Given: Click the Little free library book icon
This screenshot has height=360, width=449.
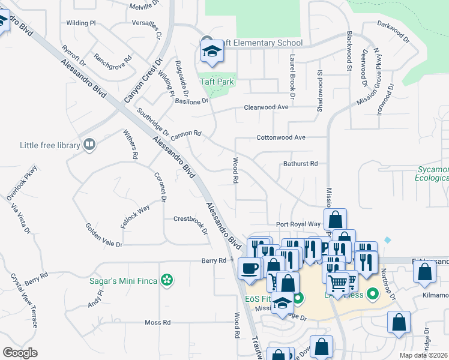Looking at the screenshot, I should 89,144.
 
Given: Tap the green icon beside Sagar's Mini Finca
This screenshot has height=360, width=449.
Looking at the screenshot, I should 168,280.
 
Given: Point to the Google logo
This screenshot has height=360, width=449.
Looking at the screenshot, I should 20,352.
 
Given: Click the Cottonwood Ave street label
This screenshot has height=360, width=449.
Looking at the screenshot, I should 281,137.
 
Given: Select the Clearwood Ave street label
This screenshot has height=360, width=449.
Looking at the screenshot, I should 266,107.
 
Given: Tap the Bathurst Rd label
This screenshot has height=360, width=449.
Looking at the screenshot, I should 300,163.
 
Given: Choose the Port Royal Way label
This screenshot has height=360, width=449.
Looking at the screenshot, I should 298,224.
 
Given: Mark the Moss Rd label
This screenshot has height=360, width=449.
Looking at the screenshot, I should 158,322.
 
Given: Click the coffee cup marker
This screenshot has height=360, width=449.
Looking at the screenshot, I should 249,268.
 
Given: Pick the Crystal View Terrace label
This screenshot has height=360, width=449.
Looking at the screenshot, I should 25,301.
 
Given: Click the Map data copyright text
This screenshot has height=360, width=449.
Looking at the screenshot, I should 423,355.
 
